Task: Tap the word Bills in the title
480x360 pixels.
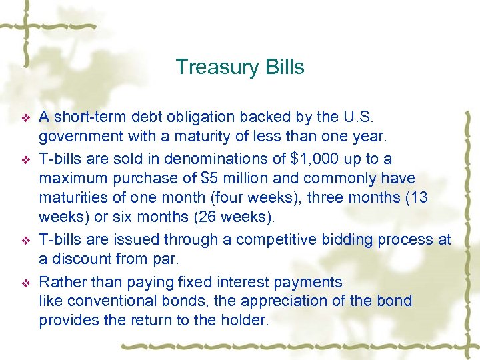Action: point(281,67)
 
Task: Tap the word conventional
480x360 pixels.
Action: point(106,301)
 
